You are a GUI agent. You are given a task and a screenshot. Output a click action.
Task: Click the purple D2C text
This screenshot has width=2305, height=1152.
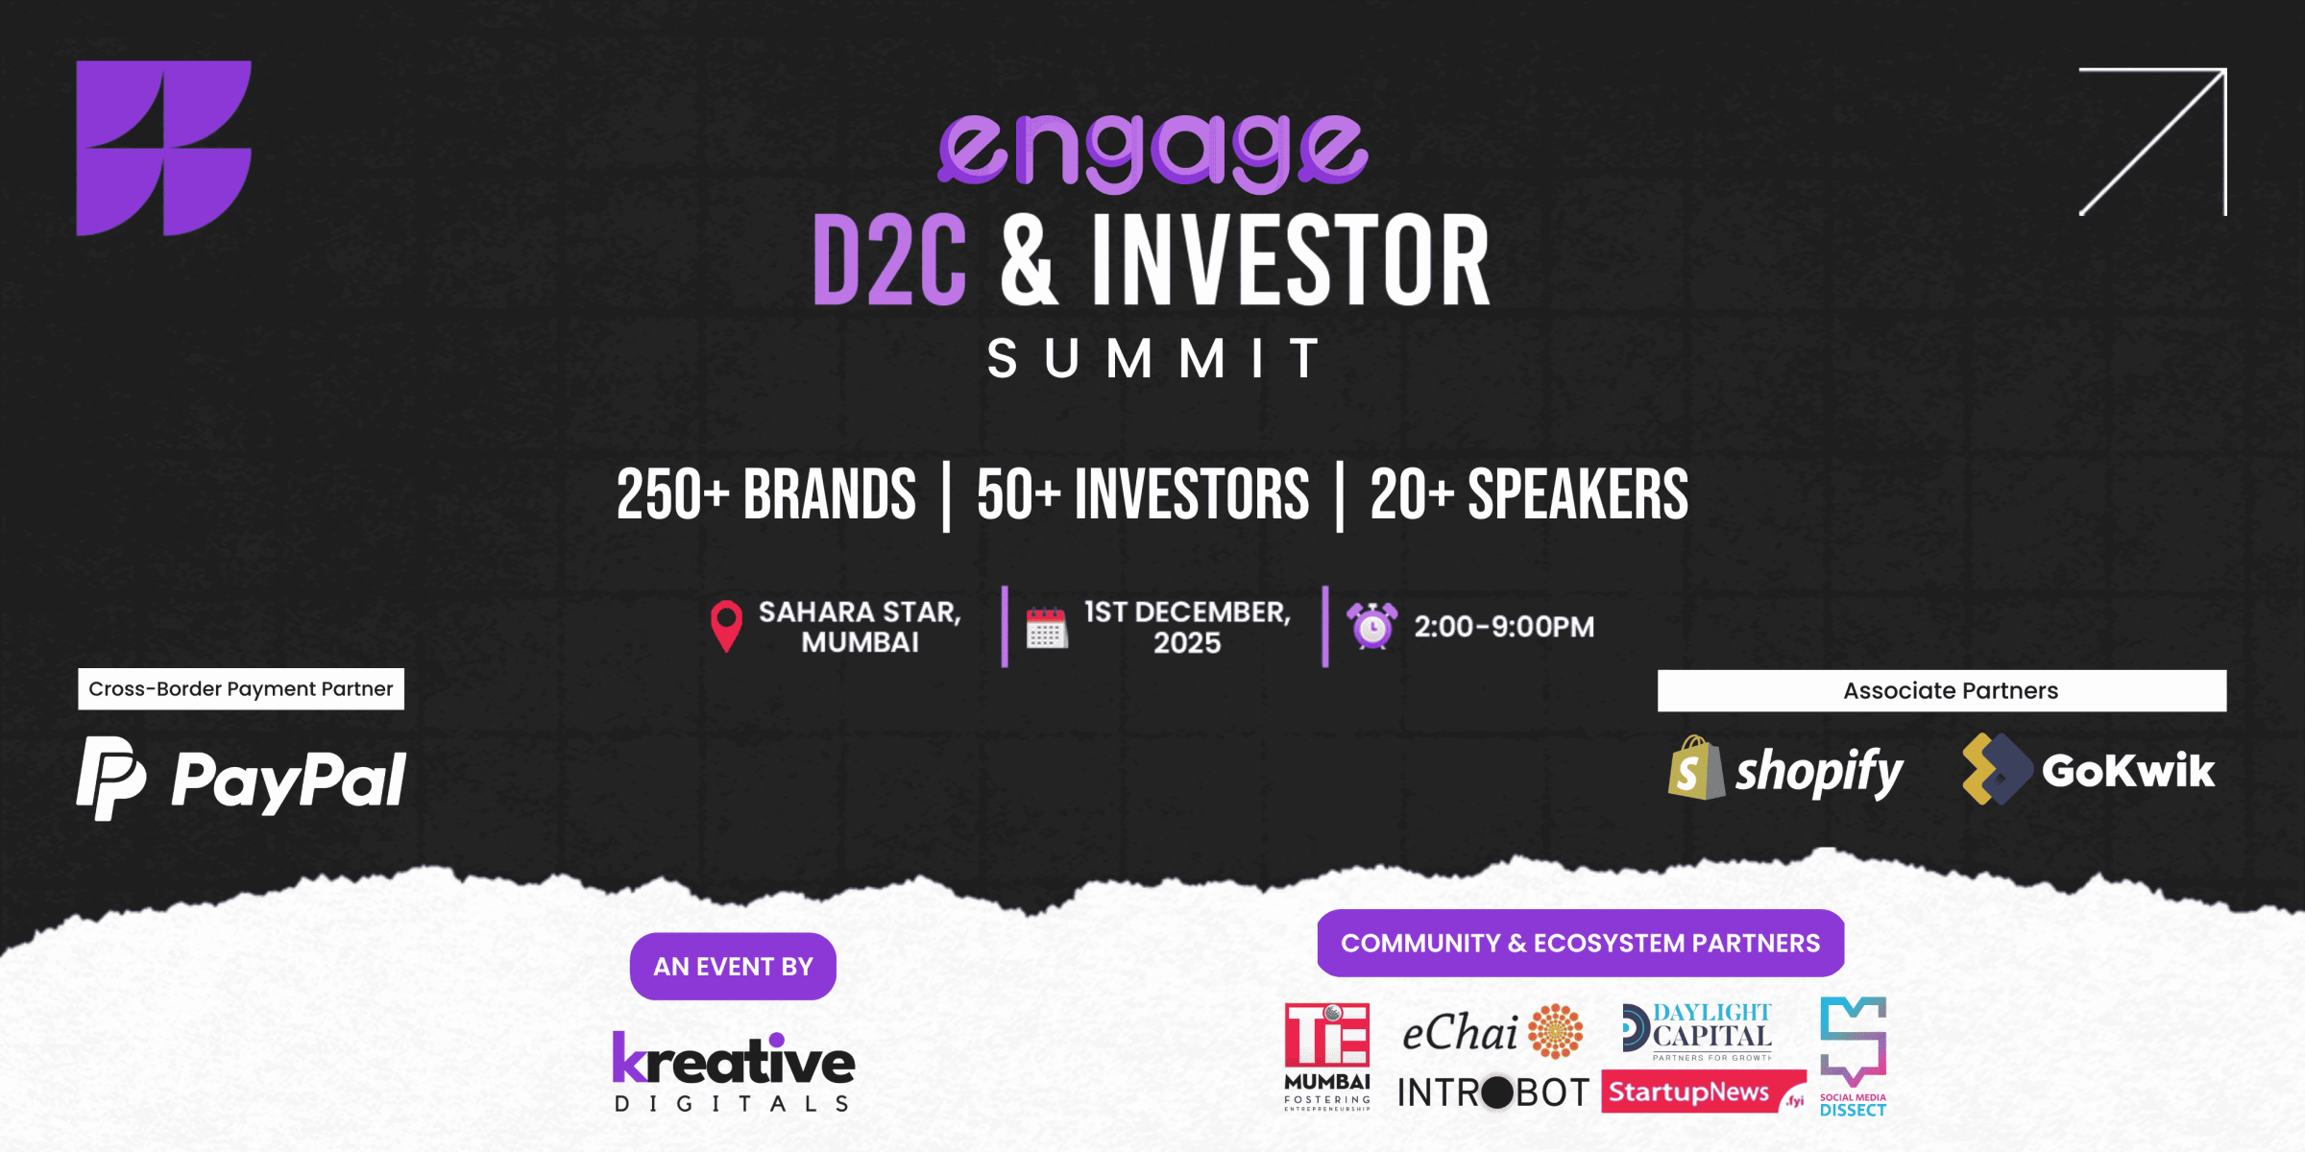pyautogui.click(x=889, y=261)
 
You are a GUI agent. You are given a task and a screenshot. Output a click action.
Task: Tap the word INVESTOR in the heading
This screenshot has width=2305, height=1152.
pyautogui.click(x=1290, y=261)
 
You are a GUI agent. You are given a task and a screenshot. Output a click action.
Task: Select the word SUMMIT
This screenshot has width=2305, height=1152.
pyautogui.click(x=1152, y=359)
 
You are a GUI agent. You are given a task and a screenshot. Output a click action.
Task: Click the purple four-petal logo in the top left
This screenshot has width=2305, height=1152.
pyautogui.click(x=163, y=148)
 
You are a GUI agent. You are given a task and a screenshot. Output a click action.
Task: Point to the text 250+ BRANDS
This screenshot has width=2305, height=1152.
pyautogui.click(x=765, y=495)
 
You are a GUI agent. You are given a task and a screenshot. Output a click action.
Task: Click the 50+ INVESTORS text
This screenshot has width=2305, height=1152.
pyautogui.click(x=1143, y=495)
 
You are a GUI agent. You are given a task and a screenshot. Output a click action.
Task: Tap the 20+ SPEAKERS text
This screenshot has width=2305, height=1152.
pyautogui.click(x=1529, y=495)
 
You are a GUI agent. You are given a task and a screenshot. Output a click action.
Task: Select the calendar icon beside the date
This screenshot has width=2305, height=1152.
pyautogui.click(x=1046, y=629)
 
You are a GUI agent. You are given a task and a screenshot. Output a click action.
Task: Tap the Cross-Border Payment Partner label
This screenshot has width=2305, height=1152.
pyautogui.click(x=241, y=689)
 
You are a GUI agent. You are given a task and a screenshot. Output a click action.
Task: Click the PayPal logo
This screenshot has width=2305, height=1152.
pyautogui.click(x=242, y=779)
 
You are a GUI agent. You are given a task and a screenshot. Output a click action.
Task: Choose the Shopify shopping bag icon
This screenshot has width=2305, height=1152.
pyautogui.click(x=1695, y=770)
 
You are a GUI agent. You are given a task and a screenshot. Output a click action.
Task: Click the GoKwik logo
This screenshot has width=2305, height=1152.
pyautogui.click(x=2088, y=770)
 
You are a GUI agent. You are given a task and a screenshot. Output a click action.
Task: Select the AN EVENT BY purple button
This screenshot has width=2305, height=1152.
pyautogui.click(x=733, y=966)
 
